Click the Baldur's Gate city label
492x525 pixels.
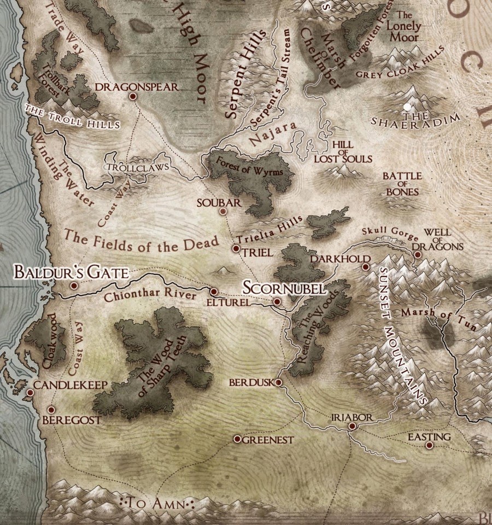(71, 272)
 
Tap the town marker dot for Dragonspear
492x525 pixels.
(132, 96)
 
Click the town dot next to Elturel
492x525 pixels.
(214, 291)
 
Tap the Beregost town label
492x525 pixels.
(73, 420)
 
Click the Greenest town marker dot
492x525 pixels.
(237, 439)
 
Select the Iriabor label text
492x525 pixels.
(352, 417)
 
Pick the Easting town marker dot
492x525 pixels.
(429, 446)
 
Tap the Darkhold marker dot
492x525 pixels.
(365, 267)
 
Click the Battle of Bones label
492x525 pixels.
(402, 184)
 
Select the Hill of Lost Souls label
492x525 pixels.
(343, 151)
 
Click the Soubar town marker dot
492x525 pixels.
(222, 211)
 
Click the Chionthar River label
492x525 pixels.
(149, 295)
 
